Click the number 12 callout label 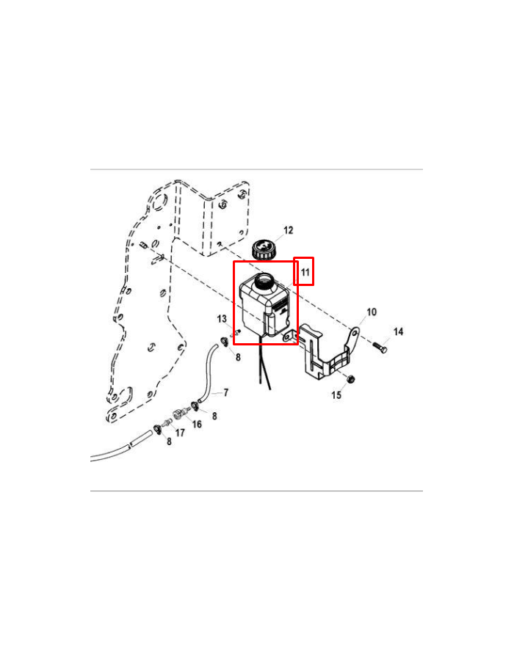(288, 230)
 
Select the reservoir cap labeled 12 (264, 250)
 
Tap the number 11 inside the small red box (305, 272)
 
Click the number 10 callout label (371, 312)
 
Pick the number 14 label (398, 331)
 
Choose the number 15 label (336, 395)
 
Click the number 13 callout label (222, 319)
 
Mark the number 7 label (226, 392)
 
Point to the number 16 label (197, 424)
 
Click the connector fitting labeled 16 (179, 414)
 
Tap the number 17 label (180, 432)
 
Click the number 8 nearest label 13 (238, 357)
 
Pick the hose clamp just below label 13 (225, 341)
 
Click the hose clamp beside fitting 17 (158, 429)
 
